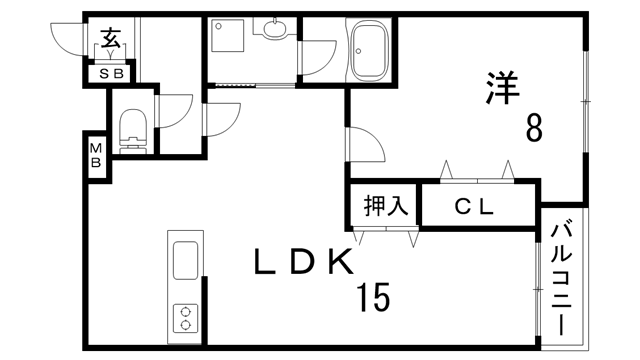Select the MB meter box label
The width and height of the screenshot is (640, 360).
tap(97, 157)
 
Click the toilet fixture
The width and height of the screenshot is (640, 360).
tap(133, 129)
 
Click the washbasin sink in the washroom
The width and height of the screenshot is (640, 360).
tap(271, 31)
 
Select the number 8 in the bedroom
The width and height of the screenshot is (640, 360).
tap(534, 128)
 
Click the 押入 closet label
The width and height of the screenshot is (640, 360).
tap(384, 206)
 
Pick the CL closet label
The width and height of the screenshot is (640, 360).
tap(476, 208)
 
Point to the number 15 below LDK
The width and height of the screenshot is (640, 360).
tap(371, 297)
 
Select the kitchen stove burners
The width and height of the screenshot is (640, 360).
tap(186, 317)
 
